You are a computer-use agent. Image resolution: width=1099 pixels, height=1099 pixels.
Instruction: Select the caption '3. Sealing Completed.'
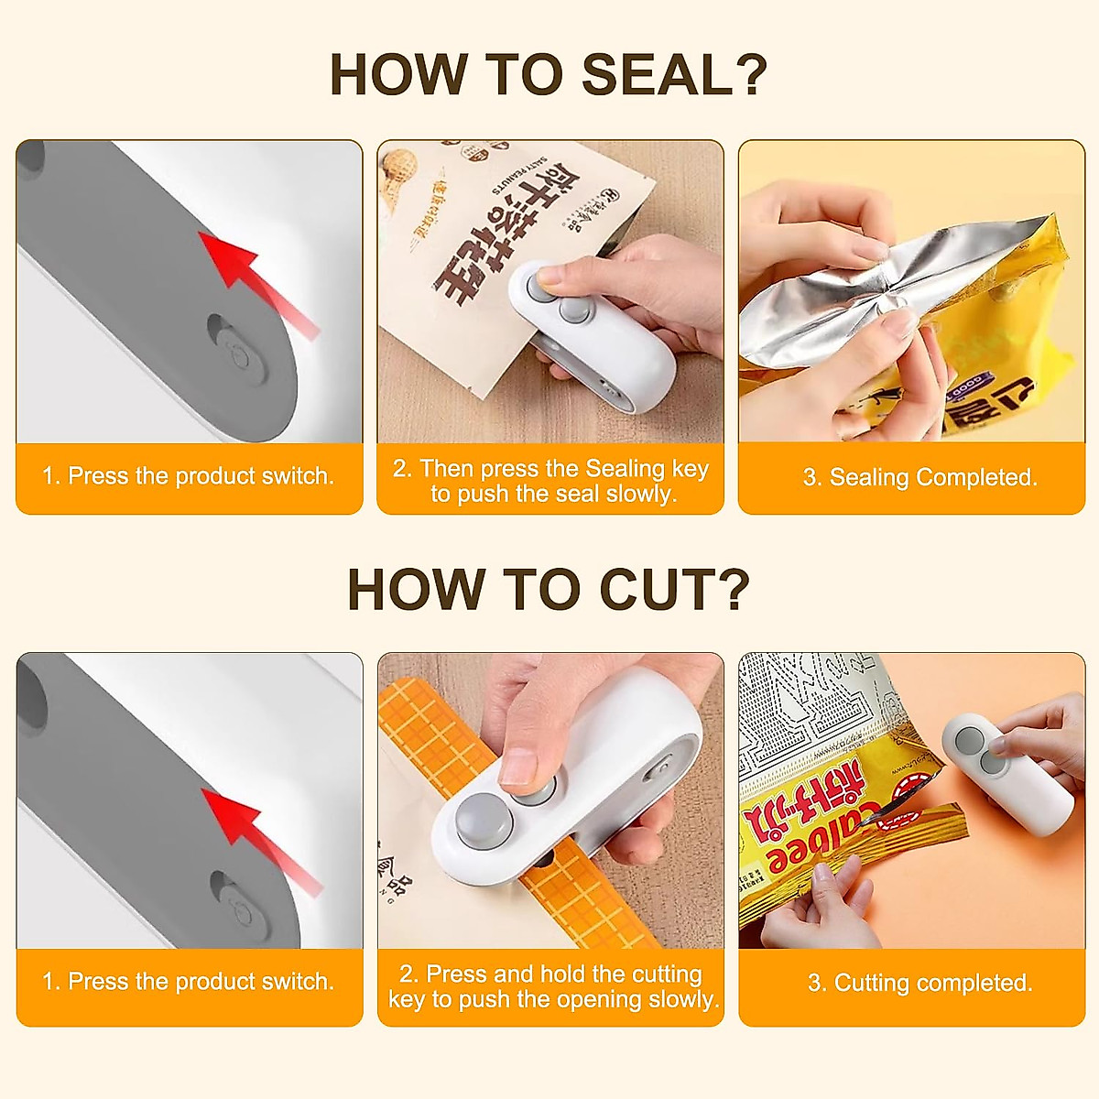pos(919,477)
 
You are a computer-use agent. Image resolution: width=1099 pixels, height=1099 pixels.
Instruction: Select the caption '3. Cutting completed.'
pos(919,983)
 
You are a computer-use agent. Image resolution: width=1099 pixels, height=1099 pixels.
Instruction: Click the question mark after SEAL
pos(751,75)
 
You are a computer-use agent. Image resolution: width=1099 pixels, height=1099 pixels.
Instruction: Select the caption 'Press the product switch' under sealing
pos(189,476)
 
